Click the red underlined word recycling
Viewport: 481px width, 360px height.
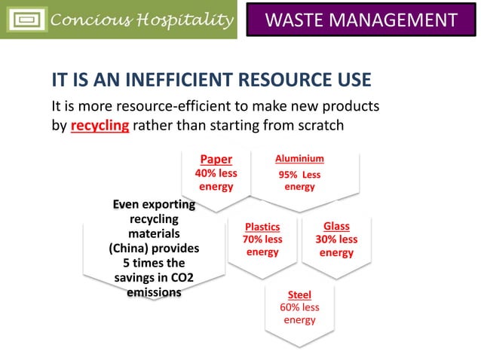coord(100,125)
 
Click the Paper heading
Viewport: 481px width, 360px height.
coord(216,160)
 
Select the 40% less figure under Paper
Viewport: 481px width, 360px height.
coord(216,173)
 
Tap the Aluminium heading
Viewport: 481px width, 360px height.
coord(299,159)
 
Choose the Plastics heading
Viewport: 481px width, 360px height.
coord(262,227)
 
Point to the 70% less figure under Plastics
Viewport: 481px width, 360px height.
coord(262,239)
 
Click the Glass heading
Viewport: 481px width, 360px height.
coord(336,226)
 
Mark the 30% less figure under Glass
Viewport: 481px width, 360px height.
coord(336,239)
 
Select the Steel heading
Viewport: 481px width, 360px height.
coord(299,294)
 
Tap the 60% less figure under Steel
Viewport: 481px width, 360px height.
coord(299,307)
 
